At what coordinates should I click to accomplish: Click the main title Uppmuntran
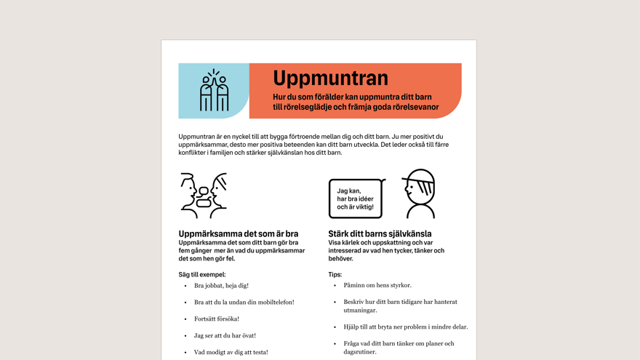tap(330, 79)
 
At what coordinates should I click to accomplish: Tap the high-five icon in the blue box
tap(214, 91)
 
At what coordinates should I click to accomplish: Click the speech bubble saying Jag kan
tap(356, 199)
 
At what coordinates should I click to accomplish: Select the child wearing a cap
tap(419, 193)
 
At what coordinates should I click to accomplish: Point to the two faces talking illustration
tap(204, 195)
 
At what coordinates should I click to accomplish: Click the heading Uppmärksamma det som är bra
tap(239, 234)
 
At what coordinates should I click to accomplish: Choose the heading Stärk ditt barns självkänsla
tap(380, 234)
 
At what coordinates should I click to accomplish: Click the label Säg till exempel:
tap(202, 275)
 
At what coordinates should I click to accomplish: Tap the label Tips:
tap(335, 275)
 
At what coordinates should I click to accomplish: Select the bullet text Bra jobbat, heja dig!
tap(221, 286)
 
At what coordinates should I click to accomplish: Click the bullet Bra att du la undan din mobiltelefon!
tap(244, 303)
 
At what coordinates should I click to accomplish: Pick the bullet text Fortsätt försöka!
tap(217, 319)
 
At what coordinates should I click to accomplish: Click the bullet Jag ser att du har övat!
tap(225, 336)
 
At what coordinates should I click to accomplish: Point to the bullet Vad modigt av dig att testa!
tap(231, 353)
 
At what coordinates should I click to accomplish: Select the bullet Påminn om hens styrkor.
tap(377, 286)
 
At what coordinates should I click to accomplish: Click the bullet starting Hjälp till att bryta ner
tap(405, 327)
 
